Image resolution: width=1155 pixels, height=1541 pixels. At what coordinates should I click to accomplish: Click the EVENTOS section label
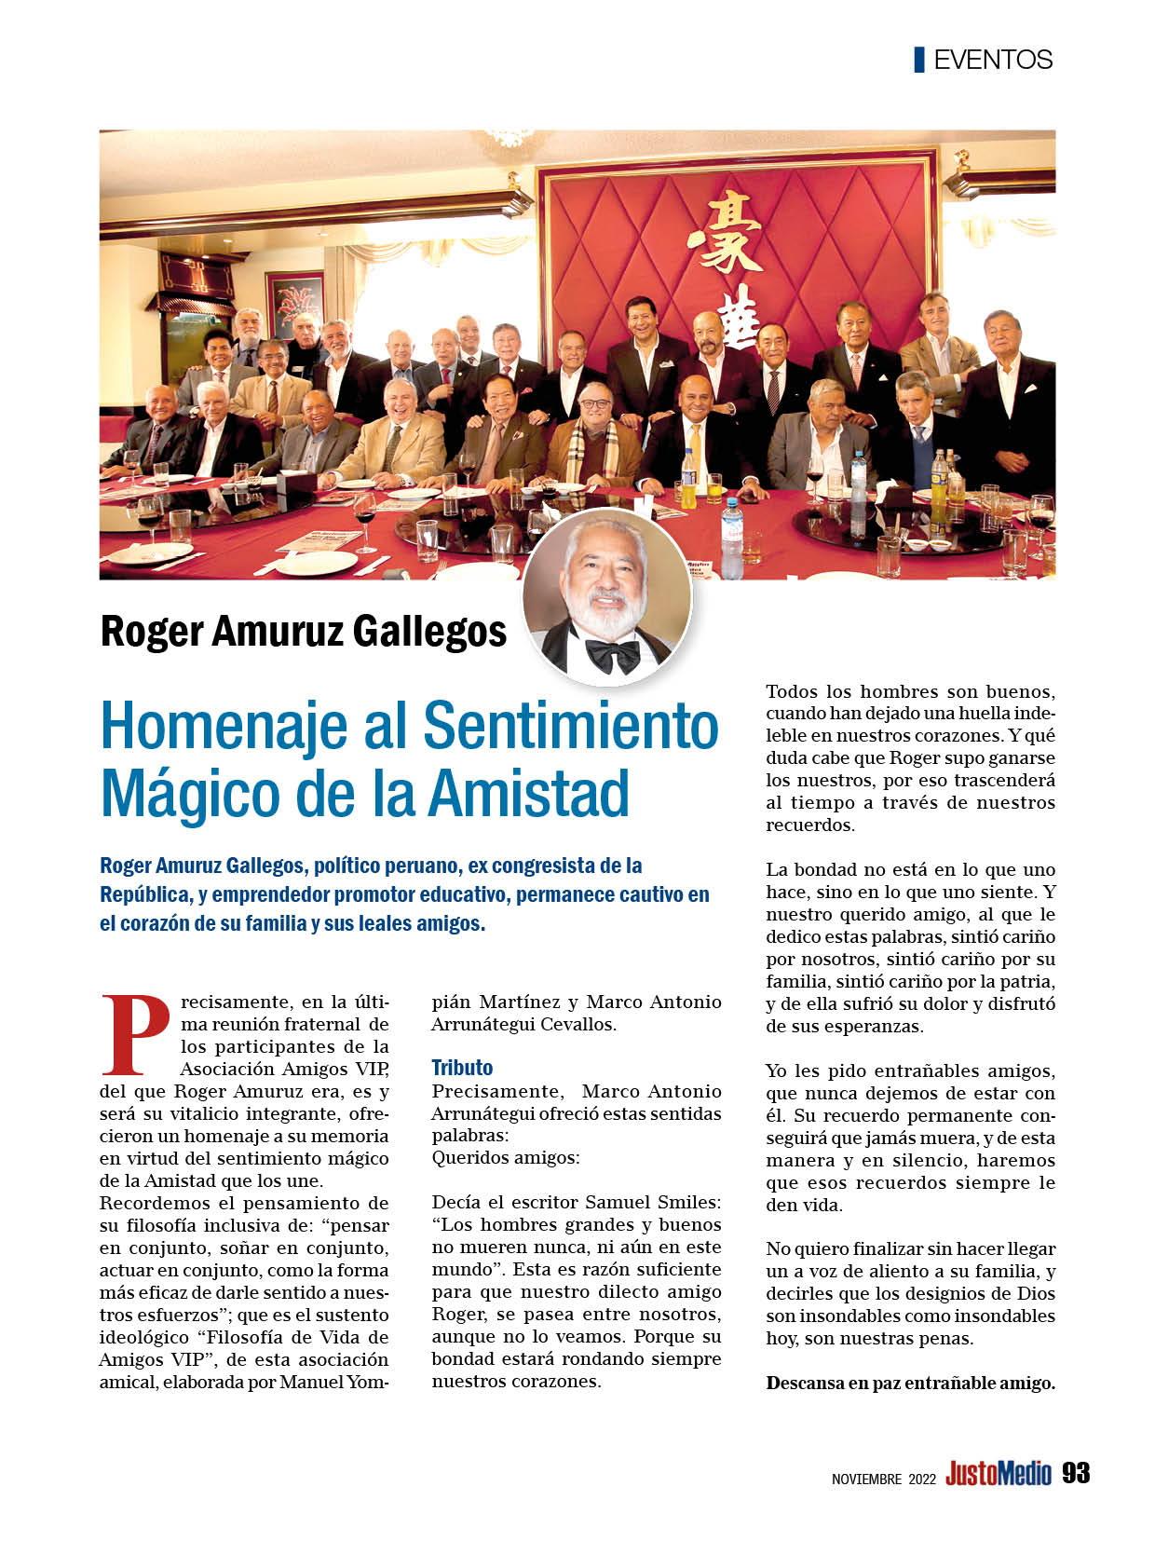click(992, 60)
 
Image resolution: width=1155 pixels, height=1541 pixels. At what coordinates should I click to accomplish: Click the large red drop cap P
click(133, 1034)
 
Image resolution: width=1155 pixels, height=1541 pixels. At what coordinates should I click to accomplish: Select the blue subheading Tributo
click(462, 1068)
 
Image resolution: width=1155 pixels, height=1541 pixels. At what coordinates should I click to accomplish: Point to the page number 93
click(1075, 1474)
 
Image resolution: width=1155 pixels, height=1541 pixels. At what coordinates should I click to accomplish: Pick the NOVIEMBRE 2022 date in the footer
click(884, 1479)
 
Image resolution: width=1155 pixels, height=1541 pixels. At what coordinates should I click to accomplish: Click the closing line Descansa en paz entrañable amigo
click(910, 1384)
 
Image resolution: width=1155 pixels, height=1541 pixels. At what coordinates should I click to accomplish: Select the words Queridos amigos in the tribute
click(506, 1158)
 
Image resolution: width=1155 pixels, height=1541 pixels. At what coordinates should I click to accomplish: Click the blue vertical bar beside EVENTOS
click(919, 59)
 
